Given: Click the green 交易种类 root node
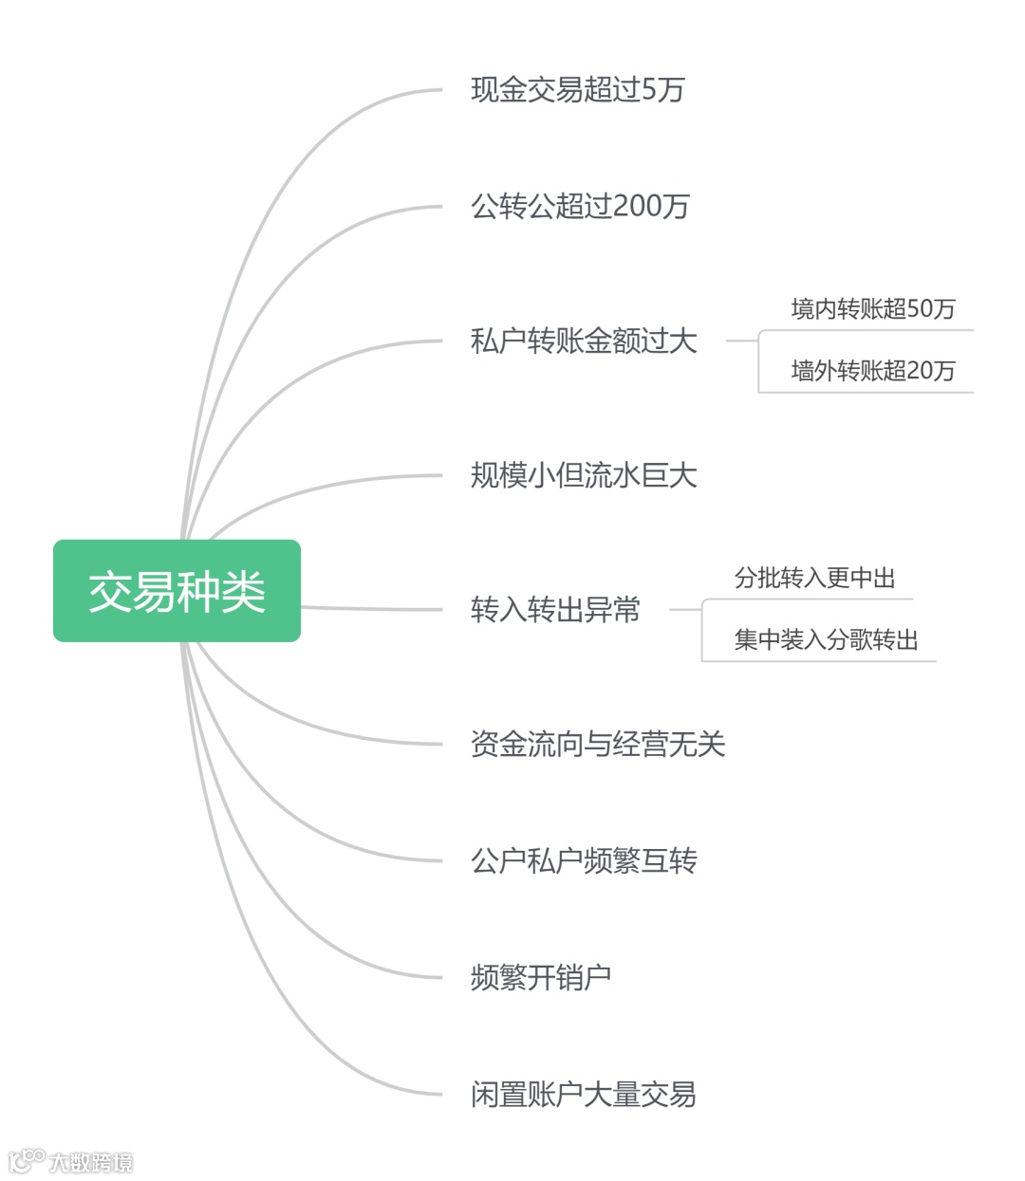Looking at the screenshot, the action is click(x=177, y=591).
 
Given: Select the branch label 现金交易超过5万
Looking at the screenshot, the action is click(x=577, y=90).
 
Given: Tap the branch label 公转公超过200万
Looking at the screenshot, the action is click(x=580, y=206).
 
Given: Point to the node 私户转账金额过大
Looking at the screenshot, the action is click(x=584, y=341).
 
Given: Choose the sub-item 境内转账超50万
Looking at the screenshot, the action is click(x=872, y=308).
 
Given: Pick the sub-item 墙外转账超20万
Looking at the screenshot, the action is click(x=872, y=370).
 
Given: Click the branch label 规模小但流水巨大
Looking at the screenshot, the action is click(x=584, y=474).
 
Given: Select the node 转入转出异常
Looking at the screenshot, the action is click(x=555, y=609).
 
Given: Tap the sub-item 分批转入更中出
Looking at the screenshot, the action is click(x=814, y=578).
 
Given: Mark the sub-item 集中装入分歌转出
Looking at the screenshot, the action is click(x=826, y=639).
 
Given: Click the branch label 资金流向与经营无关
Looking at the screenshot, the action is click(x=598, y=744).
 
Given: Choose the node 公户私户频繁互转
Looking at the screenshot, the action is click(x=584, y=860).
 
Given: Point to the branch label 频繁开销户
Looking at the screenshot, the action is click(x=541, y=977).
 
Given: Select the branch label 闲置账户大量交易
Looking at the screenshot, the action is click(x=584, y=1094).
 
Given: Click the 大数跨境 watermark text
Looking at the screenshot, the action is click(x=91, y=1162).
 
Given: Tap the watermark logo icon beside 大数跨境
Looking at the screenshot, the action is click(x=27, y=1160).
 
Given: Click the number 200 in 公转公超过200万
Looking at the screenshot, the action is click(x=638, y=206).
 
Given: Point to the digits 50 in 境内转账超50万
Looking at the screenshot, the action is click(x=919, y=308).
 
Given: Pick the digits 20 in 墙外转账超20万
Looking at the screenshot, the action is click(x=919, y=370).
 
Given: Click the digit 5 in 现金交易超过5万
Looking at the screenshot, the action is click(x=649, y=90).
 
